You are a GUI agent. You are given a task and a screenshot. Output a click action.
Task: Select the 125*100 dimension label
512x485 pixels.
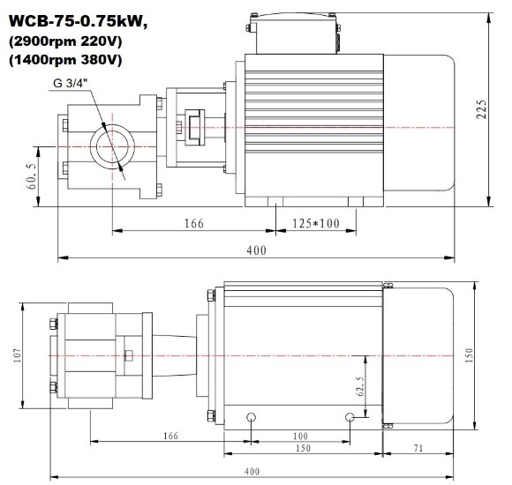click(x=314, y=224)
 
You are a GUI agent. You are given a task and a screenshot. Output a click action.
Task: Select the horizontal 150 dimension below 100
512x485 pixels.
click(x=302, y=449)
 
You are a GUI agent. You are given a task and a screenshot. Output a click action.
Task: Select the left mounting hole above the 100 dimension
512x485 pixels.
click(x=252, y=416)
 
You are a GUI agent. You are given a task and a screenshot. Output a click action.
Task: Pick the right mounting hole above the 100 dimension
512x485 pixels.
click(x=350, y=416)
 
